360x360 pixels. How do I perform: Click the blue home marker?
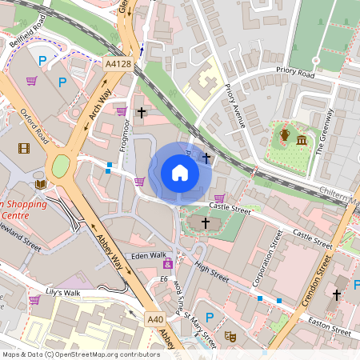[x=179, y=172]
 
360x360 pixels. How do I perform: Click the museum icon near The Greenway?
[x=302, y=141]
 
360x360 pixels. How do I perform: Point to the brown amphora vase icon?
[x=284, y=135]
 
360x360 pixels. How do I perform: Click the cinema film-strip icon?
[x=24, y=148]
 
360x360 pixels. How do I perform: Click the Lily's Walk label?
[x=64, y=294]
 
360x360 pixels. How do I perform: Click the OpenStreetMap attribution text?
[x=81, y=354]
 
